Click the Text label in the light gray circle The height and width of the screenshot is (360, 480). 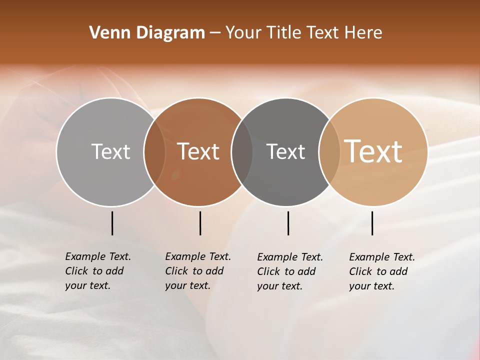110,151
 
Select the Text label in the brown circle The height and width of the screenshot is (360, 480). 198,151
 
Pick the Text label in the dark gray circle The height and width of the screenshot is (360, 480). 285,151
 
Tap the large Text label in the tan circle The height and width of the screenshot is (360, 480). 373,151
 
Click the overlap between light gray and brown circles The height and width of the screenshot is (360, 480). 154,151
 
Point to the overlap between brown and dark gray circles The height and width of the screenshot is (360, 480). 242,151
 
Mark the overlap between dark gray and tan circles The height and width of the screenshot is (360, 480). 329,151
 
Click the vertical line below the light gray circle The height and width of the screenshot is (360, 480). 112,223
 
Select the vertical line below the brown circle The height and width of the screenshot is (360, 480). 200,223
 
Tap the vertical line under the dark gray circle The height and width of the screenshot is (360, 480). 288,223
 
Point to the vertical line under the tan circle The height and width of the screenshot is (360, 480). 372,223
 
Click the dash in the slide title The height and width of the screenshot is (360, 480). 214,33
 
